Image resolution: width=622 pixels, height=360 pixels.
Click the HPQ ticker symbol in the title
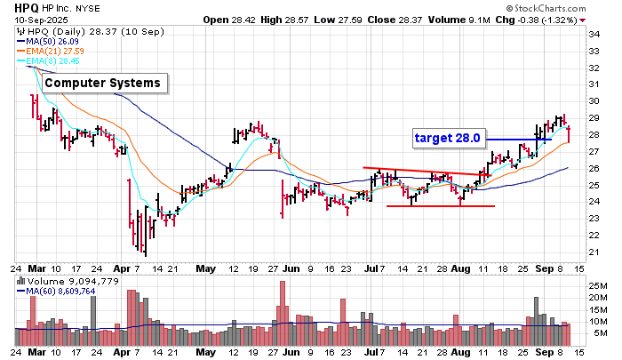coord(14,7)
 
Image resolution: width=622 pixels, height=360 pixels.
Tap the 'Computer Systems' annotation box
coord(102,84)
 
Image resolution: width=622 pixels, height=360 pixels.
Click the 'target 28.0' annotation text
coord(447,138)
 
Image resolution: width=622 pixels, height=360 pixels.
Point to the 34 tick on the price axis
coord(594,34)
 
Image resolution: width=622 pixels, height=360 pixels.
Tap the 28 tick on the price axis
coord(594,135)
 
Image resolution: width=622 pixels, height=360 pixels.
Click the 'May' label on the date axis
coord(205,268)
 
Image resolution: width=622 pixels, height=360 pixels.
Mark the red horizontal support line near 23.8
coord(440,206)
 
